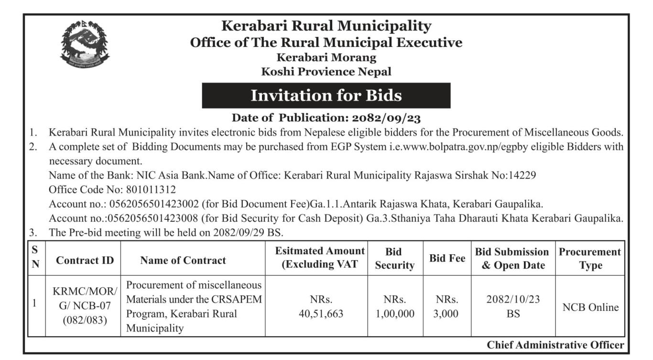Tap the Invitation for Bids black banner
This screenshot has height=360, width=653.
pyautogui.click(x=326, y=96)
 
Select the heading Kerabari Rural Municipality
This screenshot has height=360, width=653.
pyautogui.click(x=326, y=26)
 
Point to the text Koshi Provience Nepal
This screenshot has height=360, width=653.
pyautogui.click(x=326, y=72)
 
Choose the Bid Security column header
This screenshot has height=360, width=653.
pyautogui.click(x=394, y=259)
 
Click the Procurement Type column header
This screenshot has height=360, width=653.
pyautogui.click(x=589, y=259)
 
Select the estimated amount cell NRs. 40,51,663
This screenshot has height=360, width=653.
pyautogui.click(x=321, y=306)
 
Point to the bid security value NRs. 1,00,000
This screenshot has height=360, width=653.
pyautogui.click(x=394, y=306)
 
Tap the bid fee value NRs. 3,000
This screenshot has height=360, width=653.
pyautogui.click(x=446, y=306)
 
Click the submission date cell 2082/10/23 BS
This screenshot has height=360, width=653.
pyautogui.click(x=512, y=306)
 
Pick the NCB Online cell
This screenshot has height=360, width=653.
pyautogui.click(x=589, y=307)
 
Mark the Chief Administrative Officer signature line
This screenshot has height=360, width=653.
pyautogui.click(x=555, y=345)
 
